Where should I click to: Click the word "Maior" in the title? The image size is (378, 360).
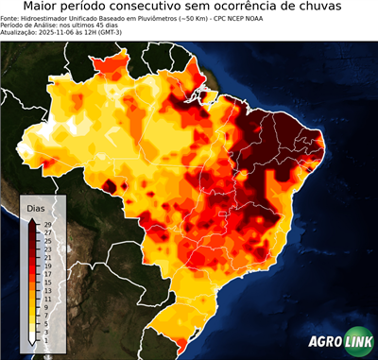click(44, 7)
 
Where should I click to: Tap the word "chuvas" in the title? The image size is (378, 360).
click(335, 7)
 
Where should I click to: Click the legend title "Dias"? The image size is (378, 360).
click(36, 207)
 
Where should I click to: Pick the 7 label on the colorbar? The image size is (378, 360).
click(46, 316)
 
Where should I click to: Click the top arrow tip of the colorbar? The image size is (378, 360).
click(32, 218)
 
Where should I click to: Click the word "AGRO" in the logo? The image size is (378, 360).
click(324, 343)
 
